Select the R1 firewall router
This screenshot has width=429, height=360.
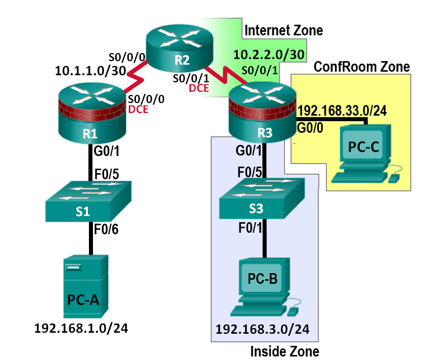(91, 114)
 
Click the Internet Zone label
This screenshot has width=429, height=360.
(283, 31)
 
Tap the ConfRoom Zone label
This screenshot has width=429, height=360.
(362, 67)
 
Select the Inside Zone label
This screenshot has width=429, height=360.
(284, 351)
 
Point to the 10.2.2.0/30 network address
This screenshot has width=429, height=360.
(269, 55)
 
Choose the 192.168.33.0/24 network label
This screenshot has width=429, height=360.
(342, 111)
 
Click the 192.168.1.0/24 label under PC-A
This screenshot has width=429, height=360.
(81, 328)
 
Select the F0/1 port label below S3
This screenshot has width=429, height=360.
(250, 228)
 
